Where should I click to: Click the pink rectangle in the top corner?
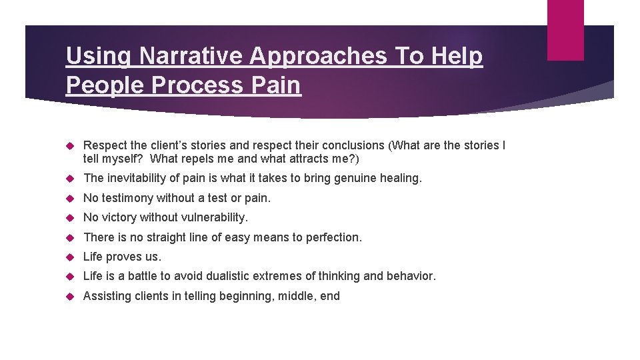[565, 29]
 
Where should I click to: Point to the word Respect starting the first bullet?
[105, 145]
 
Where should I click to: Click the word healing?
[401, 178]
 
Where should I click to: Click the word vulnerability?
[215, 217]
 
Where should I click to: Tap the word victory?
[119, 217]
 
